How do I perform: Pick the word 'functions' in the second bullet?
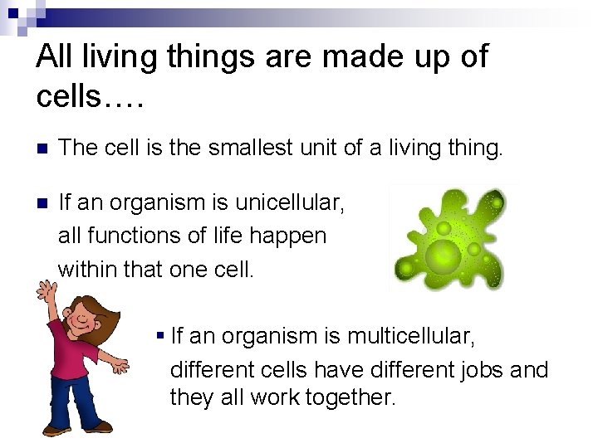point(129,236)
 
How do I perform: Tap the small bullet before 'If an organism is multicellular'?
point(159,337)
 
